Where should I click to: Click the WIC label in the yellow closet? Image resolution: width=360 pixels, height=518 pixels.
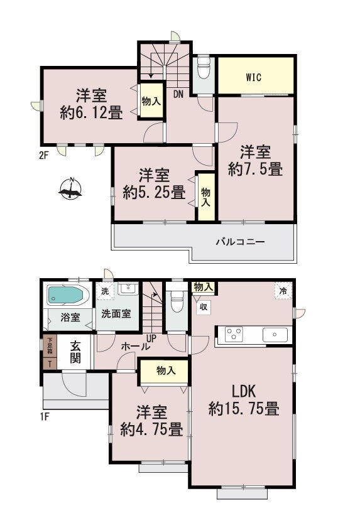tap(254, 77)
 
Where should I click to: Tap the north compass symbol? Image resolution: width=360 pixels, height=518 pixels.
tap(70, 189)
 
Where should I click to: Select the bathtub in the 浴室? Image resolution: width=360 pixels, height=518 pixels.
tap(66, 295)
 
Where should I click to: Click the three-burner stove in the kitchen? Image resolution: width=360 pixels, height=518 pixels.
tap(233, 334)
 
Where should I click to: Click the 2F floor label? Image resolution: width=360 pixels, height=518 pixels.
tap(43, 155)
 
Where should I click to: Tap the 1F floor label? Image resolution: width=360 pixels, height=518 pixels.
tap(45, 416)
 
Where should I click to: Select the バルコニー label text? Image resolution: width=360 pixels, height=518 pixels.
tap(241, 242)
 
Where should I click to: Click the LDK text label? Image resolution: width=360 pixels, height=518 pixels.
tap(244, 391)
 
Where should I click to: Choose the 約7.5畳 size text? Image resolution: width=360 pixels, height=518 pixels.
tap(255, 170)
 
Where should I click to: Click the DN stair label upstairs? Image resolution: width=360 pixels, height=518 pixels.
tap(178, 94)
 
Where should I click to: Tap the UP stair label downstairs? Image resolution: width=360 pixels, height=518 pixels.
tap(151, 338)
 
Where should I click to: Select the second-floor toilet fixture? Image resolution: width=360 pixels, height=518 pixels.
tap(204, 68)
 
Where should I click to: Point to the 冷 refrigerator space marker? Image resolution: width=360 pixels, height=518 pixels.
tap(283, 291)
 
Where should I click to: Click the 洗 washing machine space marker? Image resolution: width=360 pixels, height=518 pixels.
tap(105, 291)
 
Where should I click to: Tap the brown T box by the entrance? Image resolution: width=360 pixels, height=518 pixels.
tap(50, 364)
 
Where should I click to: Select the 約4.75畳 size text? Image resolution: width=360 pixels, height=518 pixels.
tap(152, 430)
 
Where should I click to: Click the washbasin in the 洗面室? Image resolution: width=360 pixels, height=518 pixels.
tap(128, 289)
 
